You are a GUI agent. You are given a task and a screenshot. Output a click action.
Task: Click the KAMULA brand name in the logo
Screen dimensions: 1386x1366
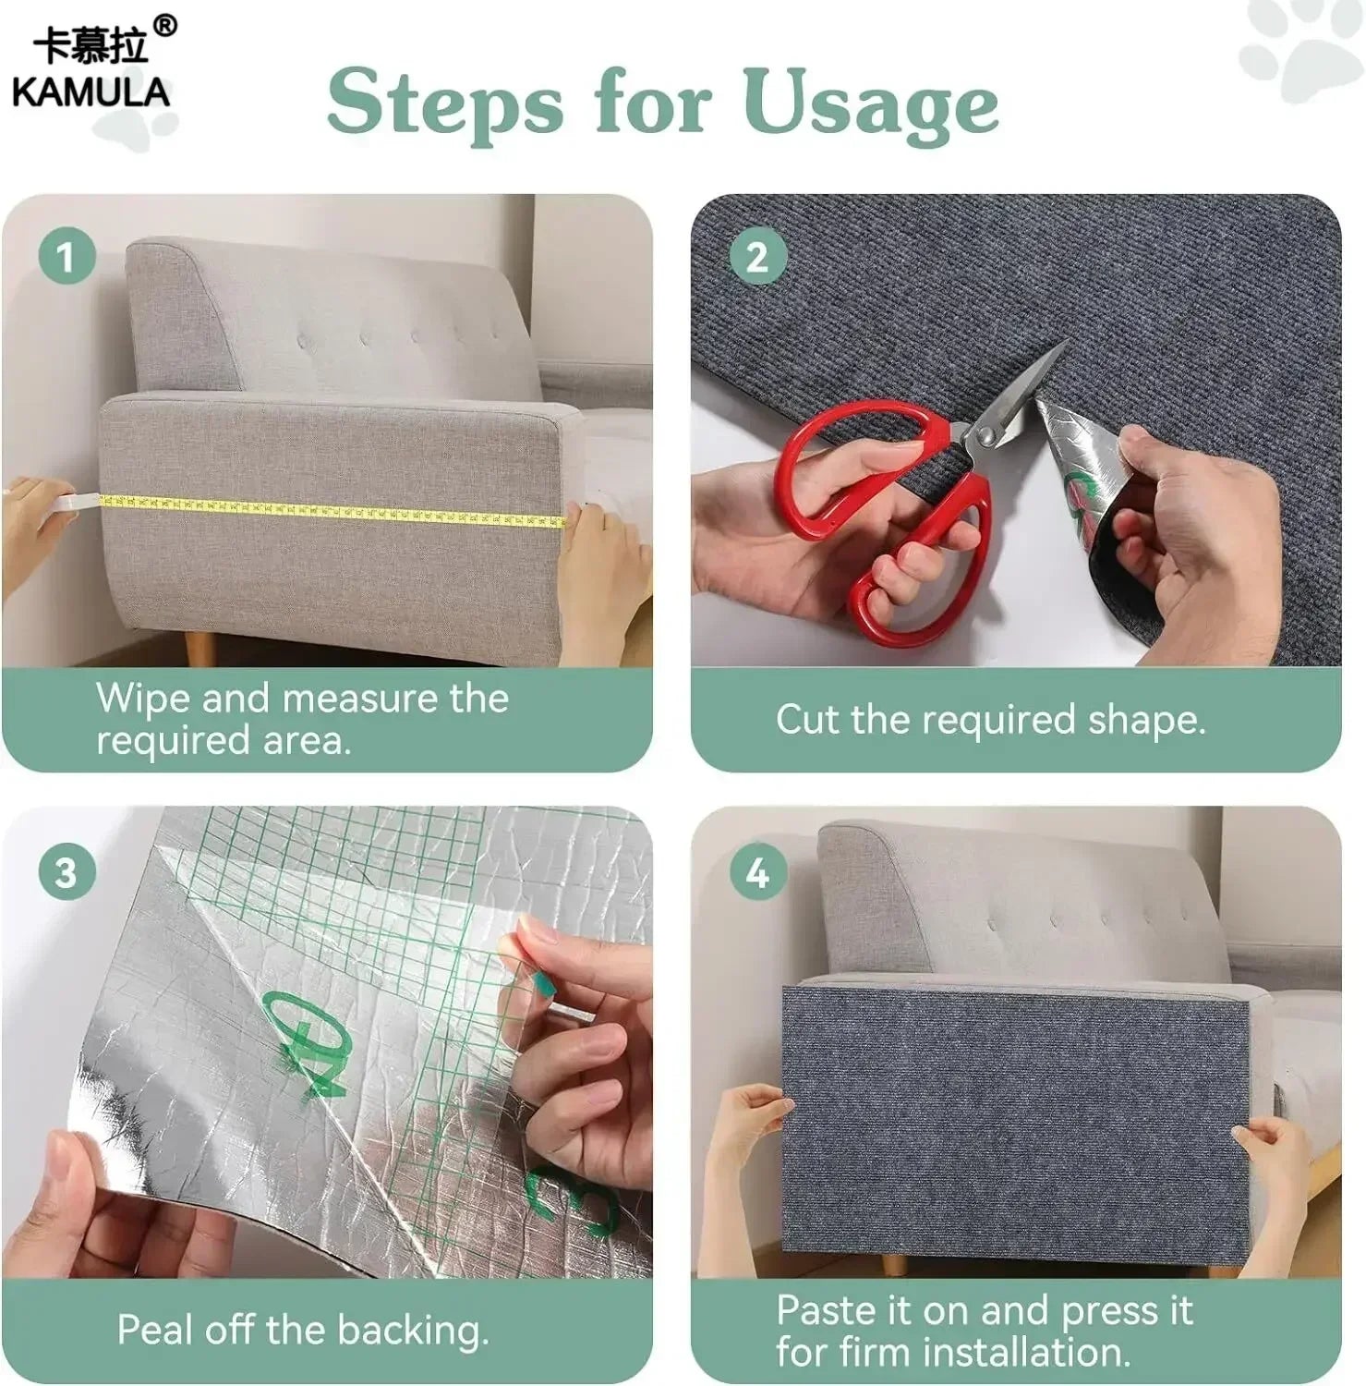coord(91,91)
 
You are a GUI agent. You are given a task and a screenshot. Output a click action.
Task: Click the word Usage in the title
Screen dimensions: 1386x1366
coord(870,103)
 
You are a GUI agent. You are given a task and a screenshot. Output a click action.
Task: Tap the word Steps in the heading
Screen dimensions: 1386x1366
coord(444,103)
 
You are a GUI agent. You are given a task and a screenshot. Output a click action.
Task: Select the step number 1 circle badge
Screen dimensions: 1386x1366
coord(66,256)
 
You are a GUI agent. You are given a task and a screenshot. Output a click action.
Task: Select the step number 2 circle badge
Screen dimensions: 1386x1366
coord(757,256)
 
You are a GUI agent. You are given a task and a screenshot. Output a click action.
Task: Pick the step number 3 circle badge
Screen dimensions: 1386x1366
coord(66,871)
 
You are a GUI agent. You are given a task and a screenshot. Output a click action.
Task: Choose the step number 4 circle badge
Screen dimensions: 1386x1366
coord(757,871)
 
